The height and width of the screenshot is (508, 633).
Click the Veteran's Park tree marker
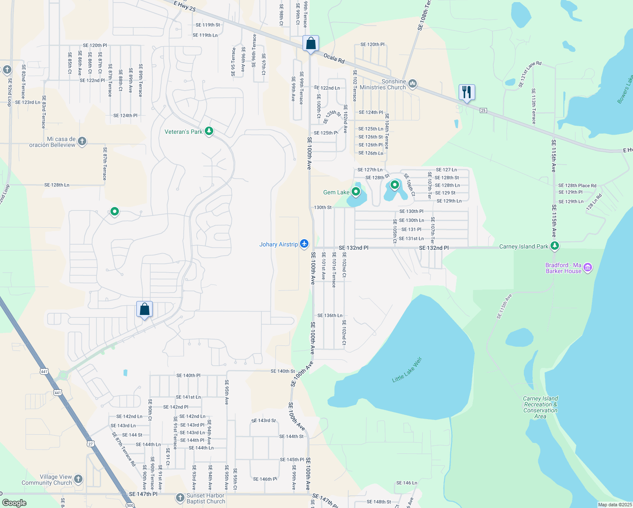tap(209, 131)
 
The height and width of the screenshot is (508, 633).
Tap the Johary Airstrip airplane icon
tap(304, 244)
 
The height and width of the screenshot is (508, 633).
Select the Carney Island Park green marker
tap(555, 246)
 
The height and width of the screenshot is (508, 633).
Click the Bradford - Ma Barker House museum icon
tap(587, 268)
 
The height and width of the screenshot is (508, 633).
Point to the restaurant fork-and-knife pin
tap(467, 92)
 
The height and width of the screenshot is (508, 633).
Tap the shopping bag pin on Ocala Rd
tap(311, 43)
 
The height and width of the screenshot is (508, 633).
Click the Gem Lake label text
tap(336, 192)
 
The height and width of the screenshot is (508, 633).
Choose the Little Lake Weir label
tap(407, 370)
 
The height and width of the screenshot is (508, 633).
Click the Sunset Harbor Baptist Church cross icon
tap(180, 497)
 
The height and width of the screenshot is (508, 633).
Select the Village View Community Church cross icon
tap(78, 479)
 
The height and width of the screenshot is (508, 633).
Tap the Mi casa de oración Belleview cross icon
tap(82, 141)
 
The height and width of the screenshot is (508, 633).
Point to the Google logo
tap(14, 502)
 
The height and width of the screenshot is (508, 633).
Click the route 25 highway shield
tap(483, 110)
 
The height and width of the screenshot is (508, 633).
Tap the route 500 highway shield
tap(130, 505)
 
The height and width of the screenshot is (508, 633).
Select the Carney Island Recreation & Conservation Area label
tap(540, 407)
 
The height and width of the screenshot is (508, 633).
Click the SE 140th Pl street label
tap(188, 375)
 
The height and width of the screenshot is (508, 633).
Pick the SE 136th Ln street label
tap(330, 315)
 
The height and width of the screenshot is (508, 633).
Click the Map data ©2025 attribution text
tap(615, 505)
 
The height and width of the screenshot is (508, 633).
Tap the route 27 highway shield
tap(91, 444)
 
